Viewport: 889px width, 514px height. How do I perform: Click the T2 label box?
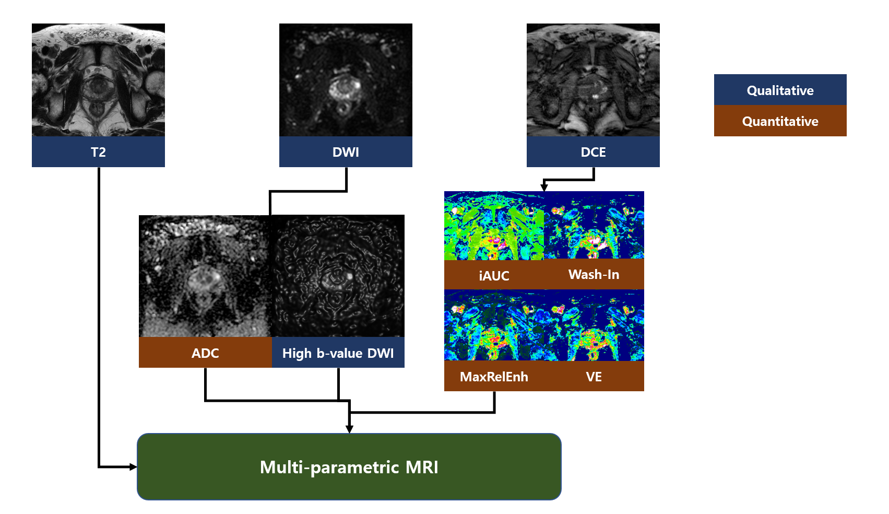(x=98, y=152)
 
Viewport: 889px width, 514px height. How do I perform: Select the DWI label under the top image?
(x=346, y=152)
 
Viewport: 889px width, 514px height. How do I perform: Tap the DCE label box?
(x=593, y=152)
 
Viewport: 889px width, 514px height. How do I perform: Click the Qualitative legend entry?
(x=780, y=90)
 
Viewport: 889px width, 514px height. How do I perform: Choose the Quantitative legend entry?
(x=780, y=121)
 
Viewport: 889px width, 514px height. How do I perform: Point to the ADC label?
(x=205, y=353)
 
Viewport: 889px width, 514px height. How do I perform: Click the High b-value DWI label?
(x=338, y=353)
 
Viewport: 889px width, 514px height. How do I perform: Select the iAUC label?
(x=494, y=275)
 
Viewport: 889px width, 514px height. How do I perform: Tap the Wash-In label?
(x=594, y=274)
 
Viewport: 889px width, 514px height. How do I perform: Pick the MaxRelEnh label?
(x=494, y=377)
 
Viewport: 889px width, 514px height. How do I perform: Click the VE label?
(x=594, y=377)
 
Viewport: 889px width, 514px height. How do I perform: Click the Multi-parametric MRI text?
(x=349, y=467)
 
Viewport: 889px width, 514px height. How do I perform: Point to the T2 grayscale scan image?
(x=98, y=80)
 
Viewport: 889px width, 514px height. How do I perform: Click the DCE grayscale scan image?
(x=593, y=80)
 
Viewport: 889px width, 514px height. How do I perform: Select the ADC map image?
(x=205, y=276)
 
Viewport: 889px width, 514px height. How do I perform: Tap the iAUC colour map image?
(x=494, y=226)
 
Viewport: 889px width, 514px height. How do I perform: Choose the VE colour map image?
(x=594, y=325)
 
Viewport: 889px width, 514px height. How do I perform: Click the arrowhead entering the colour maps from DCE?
(x=544, y=187)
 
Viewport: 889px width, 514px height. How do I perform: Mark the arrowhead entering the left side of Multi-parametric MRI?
(x=133, y=467)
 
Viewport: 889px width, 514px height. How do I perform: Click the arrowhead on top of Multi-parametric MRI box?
(x=349, y=429)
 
